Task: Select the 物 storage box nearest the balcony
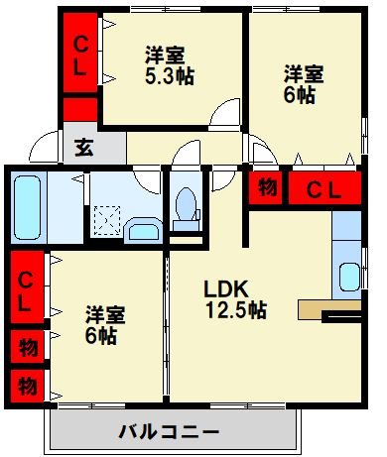coord(28,383)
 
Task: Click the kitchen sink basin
coord(347,276)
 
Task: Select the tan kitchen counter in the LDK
coord(318,308)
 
